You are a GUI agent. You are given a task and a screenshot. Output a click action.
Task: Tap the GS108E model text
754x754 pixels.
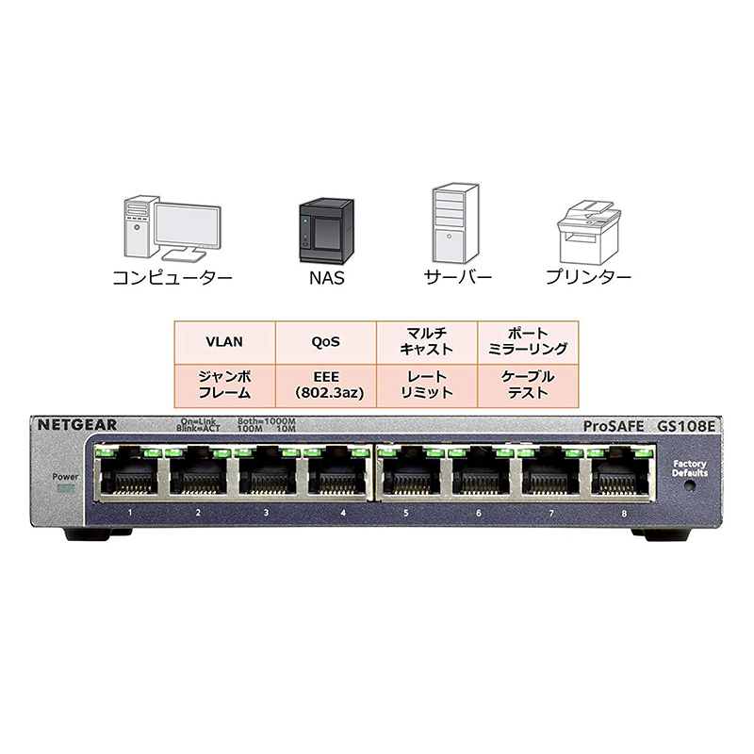(x=687, y=426)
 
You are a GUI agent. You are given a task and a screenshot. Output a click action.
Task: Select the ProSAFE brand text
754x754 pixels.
(x=614, y=426)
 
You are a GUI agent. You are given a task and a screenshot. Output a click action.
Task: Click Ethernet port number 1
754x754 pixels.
(x=129, y=475)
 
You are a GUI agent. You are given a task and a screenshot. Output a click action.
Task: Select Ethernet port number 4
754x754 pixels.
(x=336, y=475)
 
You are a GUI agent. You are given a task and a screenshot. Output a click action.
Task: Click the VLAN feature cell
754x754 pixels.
(x=224, y=341)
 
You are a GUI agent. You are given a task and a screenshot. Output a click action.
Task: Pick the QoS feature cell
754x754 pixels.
(x=325, y=341)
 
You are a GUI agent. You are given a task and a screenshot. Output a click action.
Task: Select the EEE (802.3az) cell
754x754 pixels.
(x=325, y=384)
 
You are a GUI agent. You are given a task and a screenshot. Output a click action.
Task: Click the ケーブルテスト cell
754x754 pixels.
(x=528, y=384)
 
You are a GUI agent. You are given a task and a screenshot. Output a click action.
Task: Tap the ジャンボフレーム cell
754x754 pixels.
(x=224, y=384)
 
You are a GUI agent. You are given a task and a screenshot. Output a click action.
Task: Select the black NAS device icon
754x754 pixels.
(x=320, y=230)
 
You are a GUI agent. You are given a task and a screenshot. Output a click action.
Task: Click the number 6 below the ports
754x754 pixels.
(x=479, y=514)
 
